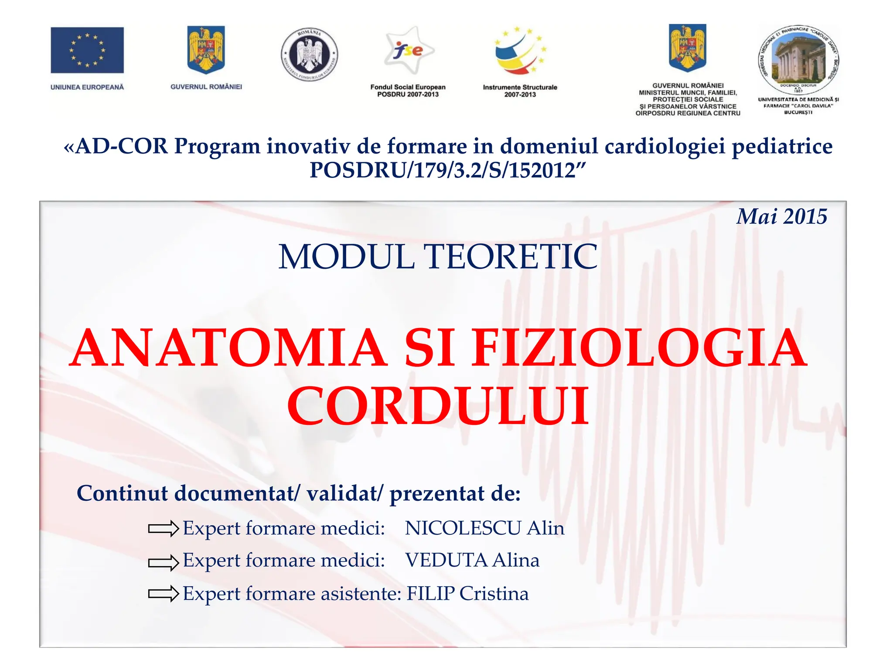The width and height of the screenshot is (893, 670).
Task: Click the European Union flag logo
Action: click(x=87, y=50)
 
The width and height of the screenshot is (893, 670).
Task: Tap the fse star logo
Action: click(x=408, y=50)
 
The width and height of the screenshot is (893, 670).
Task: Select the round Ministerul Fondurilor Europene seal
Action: click(x=309, y=55)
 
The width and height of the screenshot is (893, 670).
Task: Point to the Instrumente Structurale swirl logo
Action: click(x=520, y=51)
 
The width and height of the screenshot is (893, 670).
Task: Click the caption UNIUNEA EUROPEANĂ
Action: click(x=87, y=87)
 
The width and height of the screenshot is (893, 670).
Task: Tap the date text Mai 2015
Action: click(x=782, y=217)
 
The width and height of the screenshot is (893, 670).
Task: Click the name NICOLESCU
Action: click(x=463, y=528)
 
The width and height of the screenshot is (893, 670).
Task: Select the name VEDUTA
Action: click(x=446, y=561)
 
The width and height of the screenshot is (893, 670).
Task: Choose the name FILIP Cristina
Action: click(x=467, y=594)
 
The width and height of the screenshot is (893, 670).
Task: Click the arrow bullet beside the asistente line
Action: click(x=164, y=594)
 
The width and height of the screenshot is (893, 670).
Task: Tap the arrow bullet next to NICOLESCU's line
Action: click(x=164, y=529)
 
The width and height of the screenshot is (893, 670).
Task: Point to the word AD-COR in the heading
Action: click(x=121, y=146)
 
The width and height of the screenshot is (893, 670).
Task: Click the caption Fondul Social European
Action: click(x=408, y=87)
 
